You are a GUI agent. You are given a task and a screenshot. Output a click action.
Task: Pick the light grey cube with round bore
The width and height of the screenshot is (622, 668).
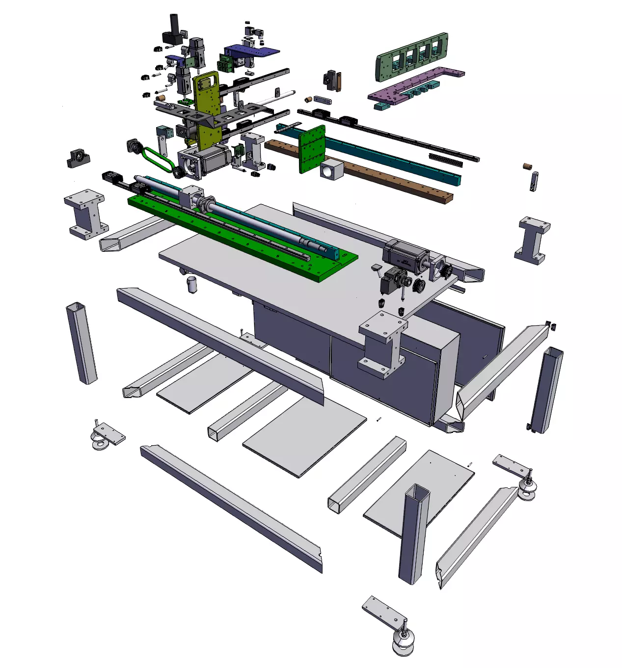331,169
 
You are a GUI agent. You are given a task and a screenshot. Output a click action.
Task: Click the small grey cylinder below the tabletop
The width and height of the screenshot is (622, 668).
191,284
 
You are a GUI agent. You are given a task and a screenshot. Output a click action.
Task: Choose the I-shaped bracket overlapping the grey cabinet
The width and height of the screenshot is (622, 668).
383,346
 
